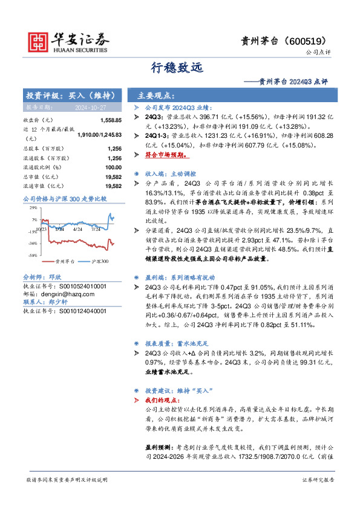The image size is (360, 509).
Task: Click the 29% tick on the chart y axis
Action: click(x=33, y=207)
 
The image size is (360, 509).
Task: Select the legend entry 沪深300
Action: click(x=100, y=262)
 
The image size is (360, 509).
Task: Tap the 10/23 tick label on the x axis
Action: click(x=41, y=229)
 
